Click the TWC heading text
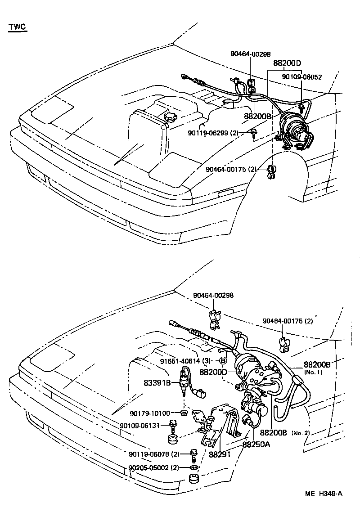(x=17, y=27)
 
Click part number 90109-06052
(x=302, y=77)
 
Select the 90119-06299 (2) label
(x=213, y=133)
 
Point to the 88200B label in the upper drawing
(x=257, y=116)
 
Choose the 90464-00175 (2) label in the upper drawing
(x=231, y=169)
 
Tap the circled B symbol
(x=223, y=361)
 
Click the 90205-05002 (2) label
(x=153, y=467)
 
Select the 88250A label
(x=256, y=445)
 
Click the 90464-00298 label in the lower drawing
(x=214, y=295)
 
